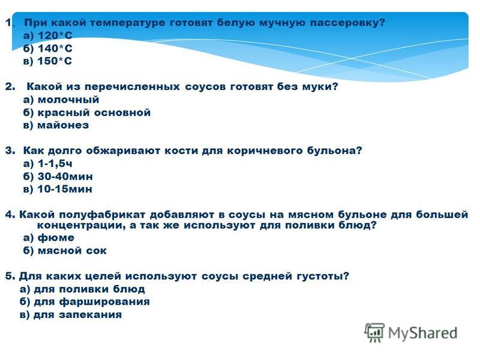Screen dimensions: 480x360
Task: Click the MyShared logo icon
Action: pos(374,332)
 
